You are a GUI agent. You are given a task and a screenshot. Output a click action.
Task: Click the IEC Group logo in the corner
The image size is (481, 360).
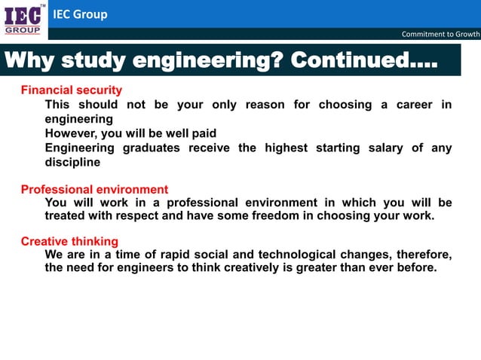tap(23, 20)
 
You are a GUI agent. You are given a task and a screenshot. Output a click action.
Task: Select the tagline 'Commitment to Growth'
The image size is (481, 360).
tap(440, 34)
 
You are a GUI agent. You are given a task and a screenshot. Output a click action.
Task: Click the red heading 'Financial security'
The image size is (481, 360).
tap(71, 90)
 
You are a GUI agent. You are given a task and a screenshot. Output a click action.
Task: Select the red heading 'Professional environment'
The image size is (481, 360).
tap(94, 189)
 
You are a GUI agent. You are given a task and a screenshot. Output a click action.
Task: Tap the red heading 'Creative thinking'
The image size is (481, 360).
tap(69, 242)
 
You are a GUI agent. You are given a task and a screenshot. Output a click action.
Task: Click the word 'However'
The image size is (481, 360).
tap(72, 133)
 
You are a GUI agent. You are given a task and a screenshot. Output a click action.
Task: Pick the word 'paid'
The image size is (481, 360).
tap(202, 133)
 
